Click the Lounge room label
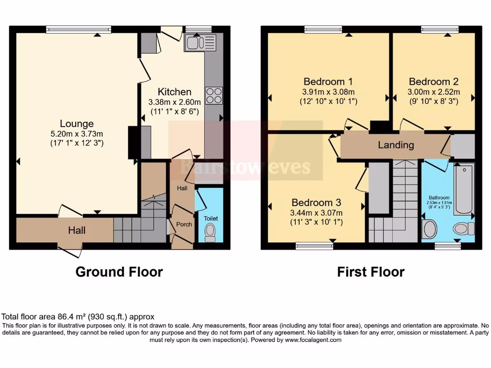[x=77, y=124]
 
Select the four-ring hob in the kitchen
[x=213, y=95]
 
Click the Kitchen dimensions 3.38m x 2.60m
[x=175, y=102]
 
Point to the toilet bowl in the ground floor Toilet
[x=210, y=232]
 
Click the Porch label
[x=184, y=224]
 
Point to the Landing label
[x=396, y=145]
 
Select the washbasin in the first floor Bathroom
[x=430, y=229]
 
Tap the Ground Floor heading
[x=119, y=272]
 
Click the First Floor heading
[x=371, y=272]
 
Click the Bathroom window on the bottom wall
[x=447, y=246]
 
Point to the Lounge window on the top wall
[x=79, y=30]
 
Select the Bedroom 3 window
[x=315, y=246]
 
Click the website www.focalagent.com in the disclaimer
[x=313, y=340]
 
